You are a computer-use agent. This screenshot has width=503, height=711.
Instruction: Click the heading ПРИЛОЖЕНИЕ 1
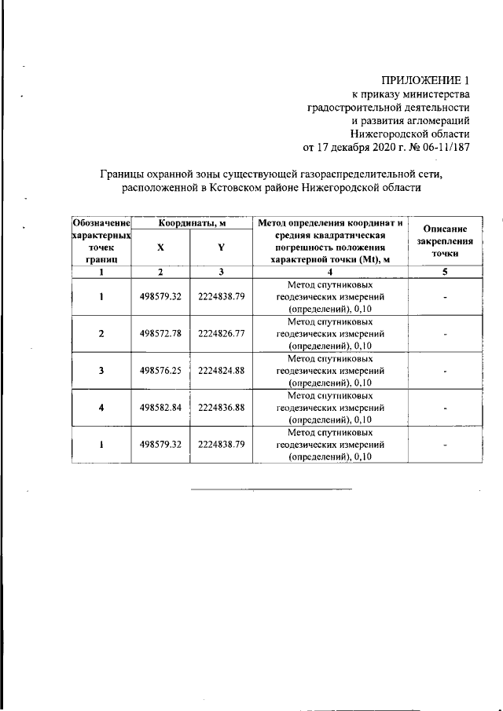point(425,79)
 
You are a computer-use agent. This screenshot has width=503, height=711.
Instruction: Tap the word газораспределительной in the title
point(345,174)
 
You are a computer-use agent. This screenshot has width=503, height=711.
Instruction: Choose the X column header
point(160,246)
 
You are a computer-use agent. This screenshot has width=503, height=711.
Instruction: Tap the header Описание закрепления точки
point(445,241)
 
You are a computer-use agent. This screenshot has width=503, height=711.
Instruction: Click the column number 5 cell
point(445,272)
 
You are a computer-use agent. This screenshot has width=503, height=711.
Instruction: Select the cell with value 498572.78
point(160,334)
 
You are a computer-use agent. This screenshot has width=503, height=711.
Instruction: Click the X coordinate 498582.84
point(160,408)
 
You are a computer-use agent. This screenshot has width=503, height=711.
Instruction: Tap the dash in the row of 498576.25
point(445,371)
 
